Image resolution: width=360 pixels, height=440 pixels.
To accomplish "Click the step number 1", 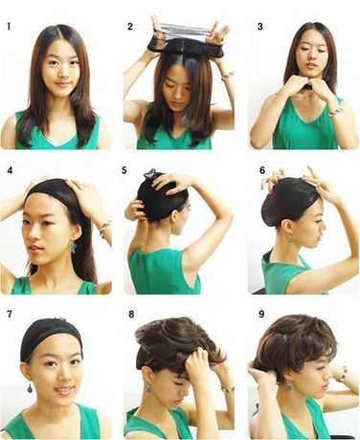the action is coord(9,27).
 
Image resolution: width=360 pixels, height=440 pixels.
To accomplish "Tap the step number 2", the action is coord(130,27).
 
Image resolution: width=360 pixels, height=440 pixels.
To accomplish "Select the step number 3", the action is coord(260,27).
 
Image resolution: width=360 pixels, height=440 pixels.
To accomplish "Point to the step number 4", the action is coord(10,170).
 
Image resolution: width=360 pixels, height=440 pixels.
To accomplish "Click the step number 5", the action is coord(124,170).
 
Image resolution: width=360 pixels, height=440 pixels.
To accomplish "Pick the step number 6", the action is coord(262,170).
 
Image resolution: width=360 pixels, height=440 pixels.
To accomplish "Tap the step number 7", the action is coord(10,315).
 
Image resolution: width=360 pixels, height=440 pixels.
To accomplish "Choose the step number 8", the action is coord(131,315).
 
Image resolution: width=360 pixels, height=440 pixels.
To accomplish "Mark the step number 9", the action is coord(261,315).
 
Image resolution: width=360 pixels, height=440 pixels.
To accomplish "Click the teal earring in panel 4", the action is coord(74,247).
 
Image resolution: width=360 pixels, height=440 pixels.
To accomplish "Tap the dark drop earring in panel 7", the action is coord(30,388).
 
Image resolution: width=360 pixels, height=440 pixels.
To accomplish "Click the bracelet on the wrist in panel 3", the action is coord(336,111).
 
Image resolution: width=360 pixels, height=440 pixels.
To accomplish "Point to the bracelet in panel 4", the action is coord(104,229).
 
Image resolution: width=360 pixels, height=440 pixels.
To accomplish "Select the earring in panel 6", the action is coord(289,238).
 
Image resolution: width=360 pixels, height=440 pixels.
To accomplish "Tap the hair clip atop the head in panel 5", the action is coord(150,174).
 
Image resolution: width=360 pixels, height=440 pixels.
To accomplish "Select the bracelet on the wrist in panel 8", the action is coord(228,388).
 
